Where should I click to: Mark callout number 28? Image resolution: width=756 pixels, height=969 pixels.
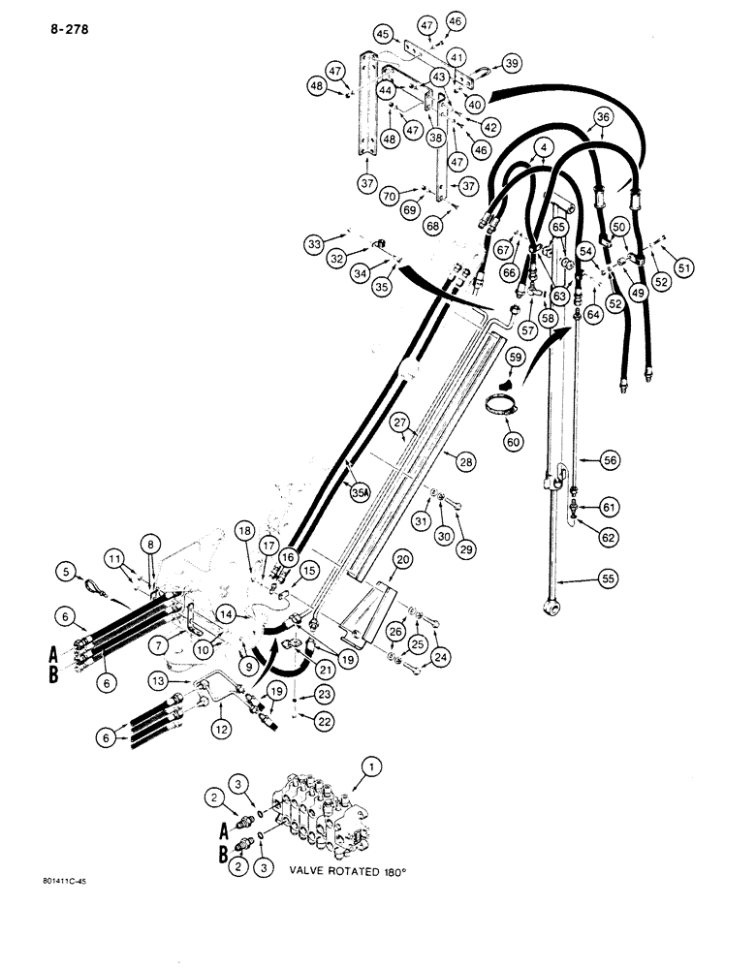464,465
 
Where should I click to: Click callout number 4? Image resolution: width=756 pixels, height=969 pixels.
541,148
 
